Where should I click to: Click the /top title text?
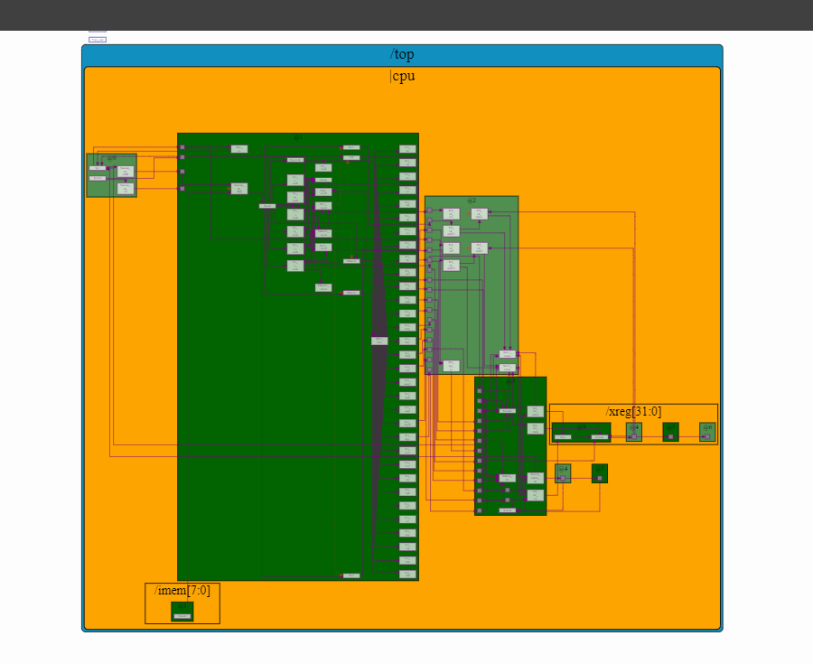[402, 55]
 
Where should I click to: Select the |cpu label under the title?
[402, 76]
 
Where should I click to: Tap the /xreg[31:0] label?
[632, 411]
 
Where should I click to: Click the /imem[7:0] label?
[182, 591]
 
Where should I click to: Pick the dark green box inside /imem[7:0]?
[182, 612]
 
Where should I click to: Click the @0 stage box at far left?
[111, 175]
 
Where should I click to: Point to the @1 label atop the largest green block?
[298, 137]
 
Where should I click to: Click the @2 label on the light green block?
[472, 200]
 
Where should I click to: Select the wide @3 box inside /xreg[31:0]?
[581, 432]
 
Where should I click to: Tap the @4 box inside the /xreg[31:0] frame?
[634, 432]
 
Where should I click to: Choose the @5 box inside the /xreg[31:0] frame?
[670, 432]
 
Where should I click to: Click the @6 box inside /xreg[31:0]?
[707, 432]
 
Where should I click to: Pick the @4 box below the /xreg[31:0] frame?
[563, 473]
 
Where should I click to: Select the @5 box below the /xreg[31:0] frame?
[599, 473]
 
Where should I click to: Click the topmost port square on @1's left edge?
[182, 146]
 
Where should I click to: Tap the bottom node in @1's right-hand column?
[407, 574]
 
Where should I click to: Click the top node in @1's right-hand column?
[407, 149]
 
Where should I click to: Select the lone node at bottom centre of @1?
[351, 575]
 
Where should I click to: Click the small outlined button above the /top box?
[97, 39]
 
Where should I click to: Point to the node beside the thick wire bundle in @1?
[379, 341]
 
